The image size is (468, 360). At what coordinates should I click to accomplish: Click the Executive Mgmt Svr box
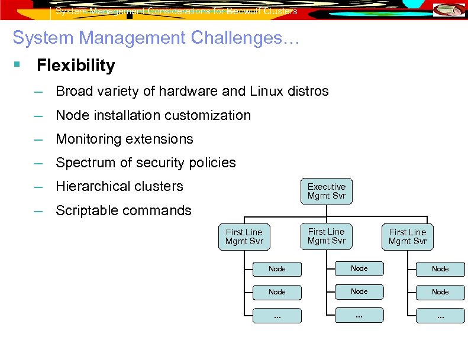[x=326, y=192]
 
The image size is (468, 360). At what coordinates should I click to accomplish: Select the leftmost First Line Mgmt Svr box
[x=244, y=237]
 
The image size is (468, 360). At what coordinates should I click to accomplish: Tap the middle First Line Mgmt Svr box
[x=326, y=236]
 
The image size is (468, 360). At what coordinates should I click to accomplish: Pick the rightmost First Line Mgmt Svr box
[x=407, y=237]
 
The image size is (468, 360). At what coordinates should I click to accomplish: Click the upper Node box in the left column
[x=277, y=269]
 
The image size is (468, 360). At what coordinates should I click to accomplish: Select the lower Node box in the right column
[x=440, y=292]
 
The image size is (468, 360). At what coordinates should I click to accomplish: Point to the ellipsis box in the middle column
[x=359, y=315]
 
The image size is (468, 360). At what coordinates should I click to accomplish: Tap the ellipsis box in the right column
[x=440, y=316]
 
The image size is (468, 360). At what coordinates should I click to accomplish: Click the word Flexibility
[x=76, y=66]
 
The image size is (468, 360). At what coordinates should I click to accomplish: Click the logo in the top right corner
[x=449, y=10]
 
